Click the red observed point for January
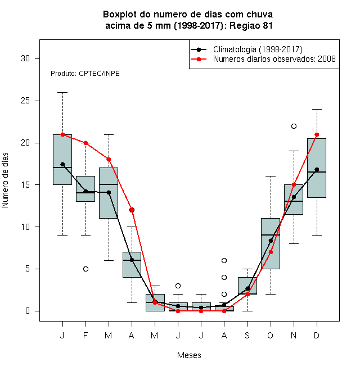pos(63,135)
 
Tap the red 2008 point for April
pos(132,210)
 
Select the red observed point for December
pos(317,135)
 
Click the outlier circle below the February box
pos(85,269)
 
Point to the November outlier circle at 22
pos(294,126)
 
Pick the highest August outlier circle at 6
pos(224,260)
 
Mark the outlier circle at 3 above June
pos(178,286)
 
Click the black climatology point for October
pos(271,241)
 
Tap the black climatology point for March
pos(109,193)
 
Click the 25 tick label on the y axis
pos(25,101)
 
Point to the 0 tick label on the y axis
pos(28,311)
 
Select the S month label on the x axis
pos(247,335)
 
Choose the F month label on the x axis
pos(85,335)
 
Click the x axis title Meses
pos(189,355)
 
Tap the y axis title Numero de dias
pos(5,180)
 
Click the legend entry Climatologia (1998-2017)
pos(258,49)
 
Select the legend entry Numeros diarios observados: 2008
pos(274,59)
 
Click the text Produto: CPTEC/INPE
pos(85,74)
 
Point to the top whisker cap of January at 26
pos(63,93)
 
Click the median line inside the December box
pos(317,172)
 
